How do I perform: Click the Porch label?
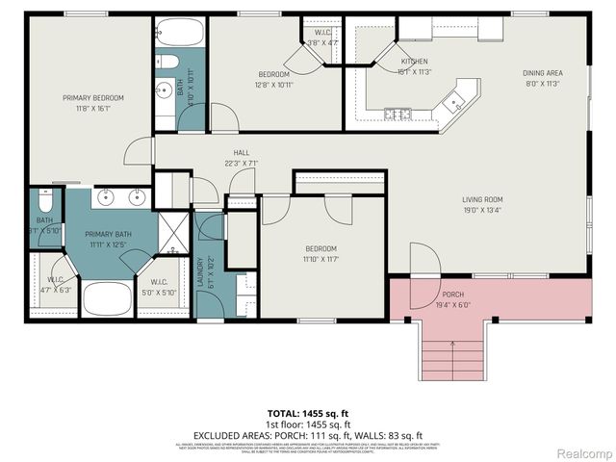(452, 298)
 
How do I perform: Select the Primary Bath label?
(107, 239)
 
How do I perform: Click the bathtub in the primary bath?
(107, 298)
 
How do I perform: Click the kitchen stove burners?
(398, 115)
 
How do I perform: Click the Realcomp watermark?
(582, 451)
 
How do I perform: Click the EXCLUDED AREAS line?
(307, 434)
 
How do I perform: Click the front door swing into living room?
(423, 262)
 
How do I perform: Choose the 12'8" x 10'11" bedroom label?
(274, 78)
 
